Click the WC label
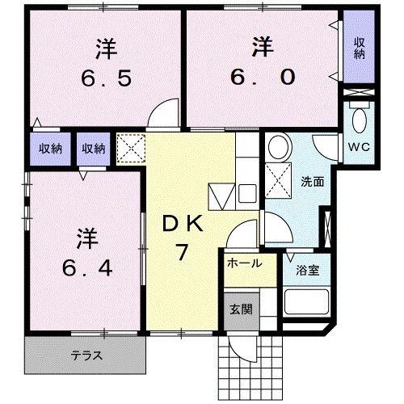coord(358,146)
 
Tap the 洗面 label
coord(313,181)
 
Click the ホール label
coord(243,264)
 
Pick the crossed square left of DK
coord(128,147)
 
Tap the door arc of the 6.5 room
coord(165,112)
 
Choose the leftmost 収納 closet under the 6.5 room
coord(45,148)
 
